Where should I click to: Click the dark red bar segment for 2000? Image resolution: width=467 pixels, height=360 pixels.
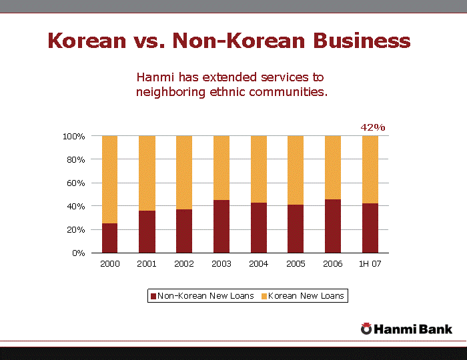tap(110, 238)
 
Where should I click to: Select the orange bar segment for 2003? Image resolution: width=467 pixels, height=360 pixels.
tap(221, 167)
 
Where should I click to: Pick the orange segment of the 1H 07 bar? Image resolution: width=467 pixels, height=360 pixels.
tap(370, 169)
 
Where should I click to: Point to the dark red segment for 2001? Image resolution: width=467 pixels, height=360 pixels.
tap(147, 231)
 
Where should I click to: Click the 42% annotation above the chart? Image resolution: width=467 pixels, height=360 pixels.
tap(373, 127)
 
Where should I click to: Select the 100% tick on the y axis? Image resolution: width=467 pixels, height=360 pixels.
tap(74, 137)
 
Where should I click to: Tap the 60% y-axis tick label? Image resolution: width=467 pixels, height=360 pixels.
tap(76, 183)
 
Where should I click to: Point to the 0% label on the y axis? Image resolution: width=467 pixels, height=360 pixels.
tap(79, 253)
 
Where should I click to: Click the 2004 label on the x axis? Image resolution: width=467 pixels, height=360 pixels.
tap(258, 264)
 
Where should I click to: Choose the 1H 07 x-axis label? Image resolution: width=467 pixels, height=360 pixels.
tap(370, 264)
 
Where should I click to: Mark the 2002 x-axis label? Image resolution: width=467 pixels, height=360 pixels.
tap(184, 264)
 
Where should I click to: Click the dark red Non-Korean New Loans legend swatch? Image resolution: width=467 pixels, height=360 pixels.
tap(153, 296)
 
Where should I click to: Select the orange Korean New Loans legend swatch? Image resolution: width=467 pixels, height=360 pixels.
tap(264, 296)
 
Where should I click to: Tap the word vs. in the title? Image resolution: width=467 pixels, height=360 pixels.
tap(149, 41)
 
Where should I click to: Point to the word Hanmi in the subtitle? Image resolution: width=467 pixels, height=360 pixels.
tap(155, 77)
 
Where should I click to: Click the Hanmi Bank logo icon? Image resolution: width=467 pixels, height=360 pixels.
tap(366, 328)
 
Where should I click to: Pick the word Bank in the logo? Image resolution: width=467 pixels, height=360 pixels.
tap(436, 329)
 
